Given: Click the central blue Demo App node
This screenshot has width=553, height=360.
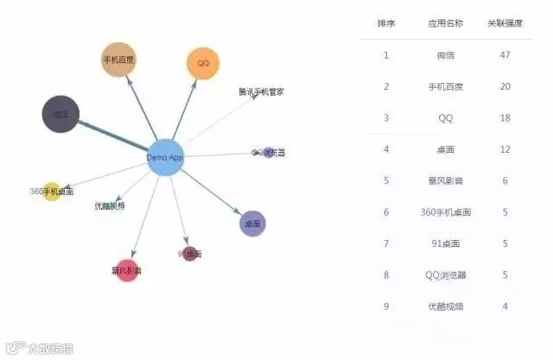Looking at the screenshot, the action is coord(164,157).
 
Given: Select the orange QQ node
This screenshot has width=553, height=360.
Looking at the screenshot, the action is coord(203,63).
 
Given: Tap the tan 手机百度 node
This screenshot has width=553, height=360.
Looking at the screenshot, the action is coord(118,60).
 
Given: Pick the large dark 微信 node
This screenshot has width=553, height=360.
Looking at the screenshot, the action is coord(60,114).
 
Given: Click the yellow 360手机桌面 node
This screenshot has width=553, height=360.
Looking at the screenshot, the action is coord(52,192).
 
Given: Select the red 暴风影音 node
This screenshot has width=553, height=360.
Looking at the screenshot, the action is coord(127,270).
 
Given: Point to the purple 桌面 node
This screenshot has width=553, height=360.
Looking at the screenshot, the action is coord(252,224).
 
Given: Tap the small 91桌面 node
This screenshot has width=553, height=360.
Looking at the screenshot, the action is coord(190,254).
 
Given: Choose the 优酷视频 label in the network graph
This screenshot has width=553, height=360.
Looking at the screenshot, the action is coord(111,205).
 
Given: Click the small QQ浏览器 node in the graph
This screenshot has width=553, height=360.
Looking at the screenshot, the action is coord(269,153).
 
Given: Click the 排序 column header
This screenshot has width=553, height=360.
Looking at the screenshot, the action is coord(386,23).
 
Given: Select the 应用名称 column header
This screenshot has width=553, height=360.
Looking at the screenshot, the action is coord(446,23).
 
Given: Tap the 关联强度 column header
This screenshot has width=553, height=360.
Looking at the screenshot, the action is coord(505,23).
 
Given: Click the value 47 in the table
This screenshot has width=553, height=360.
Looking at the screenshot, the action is coord(505,55).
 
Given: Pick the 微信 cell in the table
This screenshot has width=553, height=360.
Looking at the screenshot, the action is coord(446,55).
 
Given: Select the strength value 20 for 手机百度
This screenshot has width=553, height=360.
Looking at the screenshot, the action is coord(505,86).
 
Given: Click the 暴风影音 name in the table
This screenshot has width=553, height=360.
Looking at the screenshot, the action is coord(446,180).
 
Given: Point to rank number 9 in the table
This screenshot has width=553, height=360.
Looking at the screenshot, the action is coord(386,306).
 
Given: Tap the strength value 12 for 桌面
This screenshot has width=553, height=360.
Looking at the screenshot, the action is coord(505,149).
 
